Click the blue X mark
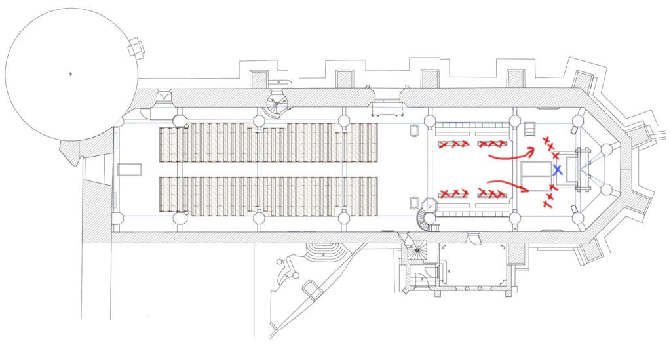coord(557,170)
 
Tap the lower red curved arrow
coord(510,185)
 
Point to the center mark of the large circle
coord(71,75)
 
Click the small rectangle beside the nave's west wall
coord(130,170)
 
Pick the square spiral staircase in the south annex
coord(415,250)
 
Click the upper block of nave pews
coord(269,143)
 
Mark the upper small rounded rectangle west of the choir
coord(414,130)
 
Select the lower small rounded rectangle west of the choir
coord(414,203)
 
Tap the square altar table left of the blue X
coord(535,175)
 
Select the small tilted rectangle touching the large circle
coord(136,48)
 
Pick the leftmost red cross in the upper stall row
coord(444,144)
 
